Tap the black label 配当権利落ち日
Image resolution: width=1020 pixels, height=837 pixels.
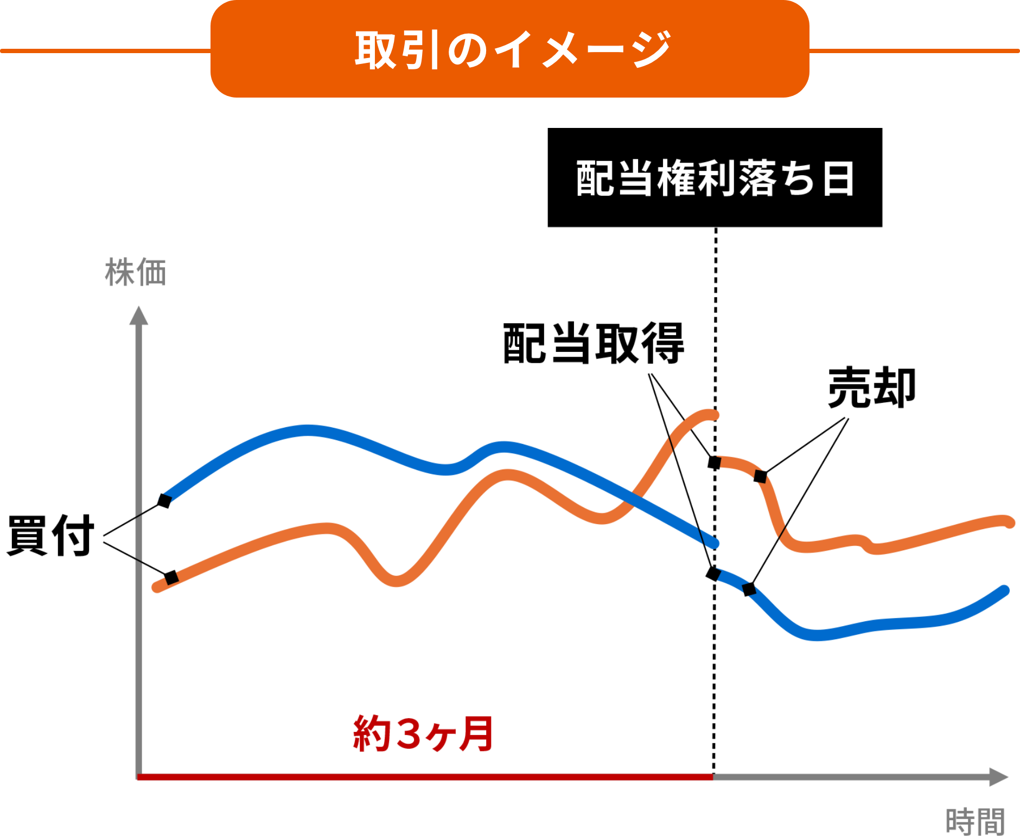click(x=715, y=178)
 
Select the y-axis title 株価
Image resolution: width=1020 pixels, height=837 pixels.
click(x=135, y=272)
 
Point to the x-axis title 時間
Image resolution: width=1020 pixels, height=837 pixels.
click(x=975, y=822)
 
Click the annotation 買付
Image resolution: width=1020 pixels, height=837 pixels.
click(x=51, y=536)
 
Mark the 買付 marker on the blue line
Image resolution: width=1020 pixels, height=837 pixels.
click(x=164, y=500)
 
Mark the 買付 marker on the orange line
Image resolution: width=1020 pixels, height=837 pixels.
click(x=171, y=577)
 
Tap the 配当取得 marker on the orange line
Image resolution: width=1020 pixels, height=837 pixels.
click(x=715, y=462)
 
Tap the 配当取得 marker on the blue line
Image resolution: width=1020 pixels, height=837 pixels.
click(x=713, y=574)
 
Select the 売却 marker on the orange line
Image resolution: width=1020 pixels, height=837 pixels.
click(x=761, y=477)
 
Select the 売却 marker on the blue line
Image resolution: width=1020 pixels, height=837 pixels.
click(x=749, y=589)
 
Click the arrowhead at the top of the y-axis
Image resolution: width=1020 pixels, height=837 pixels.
click(x=139, y=316)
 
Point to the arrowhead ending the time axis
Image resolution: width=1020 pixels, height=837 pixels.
click(x=998, y=777)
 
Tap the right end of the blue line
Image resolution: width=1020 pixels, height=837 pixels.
click(x=1004, y=590)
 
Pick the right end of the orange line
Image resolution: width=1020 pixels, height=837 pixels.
click(x=1009, y=523)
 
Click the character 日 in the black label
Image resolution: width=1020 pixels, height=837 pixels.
click(x=838, y=178)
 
